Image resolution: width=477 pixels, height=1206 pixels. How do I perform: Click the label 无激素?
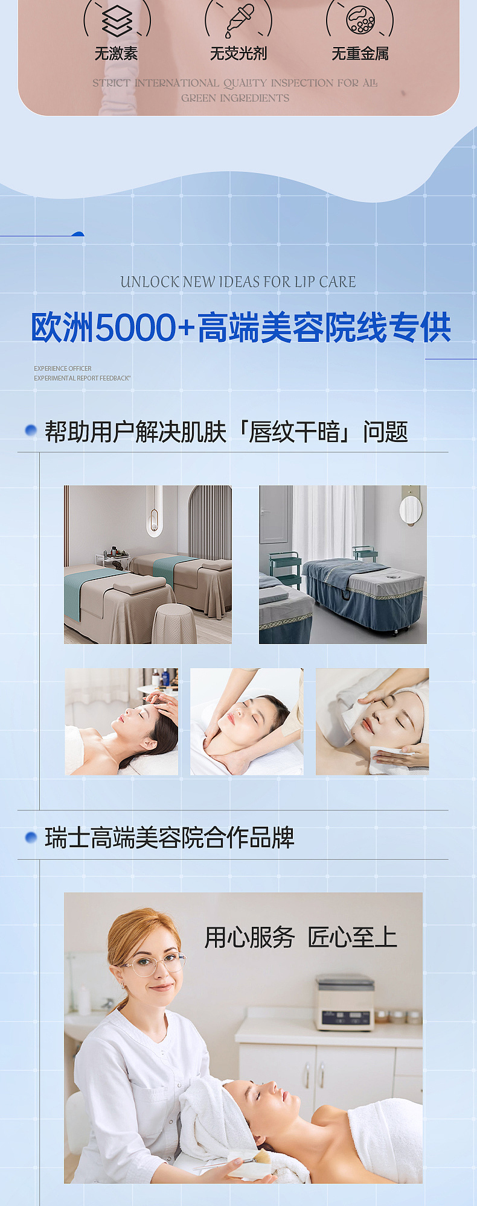(x=116, y=54)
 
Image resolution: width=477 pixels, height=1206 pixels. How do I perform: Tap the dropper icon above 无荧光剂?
(x=239, y=21)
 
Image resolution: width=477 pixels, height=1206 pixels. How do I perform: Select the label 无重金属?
(x=360, y=54)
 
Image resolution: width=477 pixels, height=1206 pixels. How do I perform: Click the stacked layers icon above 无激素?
(x=117, y=21)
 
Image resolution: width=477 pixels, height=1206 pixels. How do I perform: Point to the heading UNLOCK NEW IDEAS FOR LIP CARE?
(x=238, y=282)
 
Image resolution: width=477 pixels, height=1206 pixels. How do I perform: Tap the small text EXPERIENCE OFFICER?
(x=63, y=368)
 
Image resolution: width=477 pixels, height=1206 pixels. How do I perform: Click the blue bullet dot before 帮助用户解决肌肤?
(x=31, y=431)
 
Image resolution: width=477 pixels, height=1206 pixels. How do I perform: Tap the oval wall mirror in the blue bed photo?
(x=411, y=510)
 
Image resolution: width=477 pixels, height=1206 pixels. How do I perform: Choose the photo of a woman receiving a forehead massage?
(x=121, y=721)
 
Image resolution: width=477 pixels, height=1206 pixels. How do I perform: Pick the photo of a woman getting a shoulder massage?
(x=247, y=721)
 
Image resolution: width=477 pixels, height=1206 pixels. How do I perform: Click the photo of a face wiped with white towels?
(x=373, y=721)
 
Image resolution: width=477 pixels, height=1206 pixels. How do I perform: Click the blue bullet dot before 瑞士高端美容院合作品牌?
(x=31, y=838)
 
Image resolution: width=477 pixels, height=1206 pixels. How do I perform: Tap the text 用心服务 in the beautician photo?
(x=249, y=938)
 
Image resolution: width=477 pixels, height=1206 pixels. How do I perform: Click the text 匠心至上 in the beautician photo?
(x=352, y=938)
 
